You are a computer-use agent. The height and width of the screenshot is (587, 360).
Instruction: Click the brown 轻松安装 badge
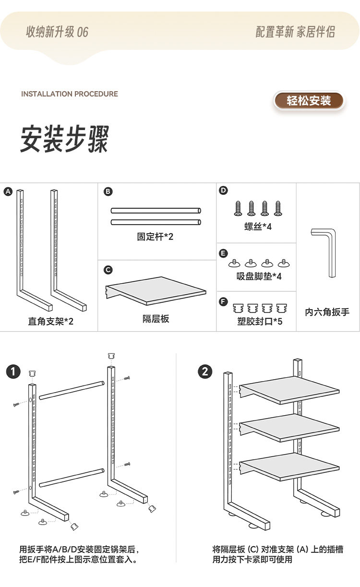click(309, 101)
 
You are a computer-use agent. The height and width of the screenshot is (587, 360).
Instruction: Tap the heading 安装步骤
click(65, 139)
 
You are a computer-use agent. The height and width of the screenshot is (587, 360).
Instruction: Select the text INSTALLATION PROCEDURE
click(70, 94)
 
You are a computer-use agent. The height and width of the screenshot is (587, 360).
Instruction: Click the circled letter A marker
click(7, 192)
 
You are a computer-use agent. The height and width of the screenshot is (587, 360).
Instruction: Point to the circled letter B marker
click(108, 192)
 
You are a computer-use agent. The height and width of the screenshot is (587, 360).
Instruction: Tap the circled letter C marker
click(108, 270)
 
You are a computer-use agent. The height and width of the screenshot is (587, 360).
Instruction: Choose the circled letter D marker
click(223, 191)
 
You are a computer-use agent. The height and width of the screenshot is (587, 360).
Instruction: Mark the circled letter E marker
click(223, 253)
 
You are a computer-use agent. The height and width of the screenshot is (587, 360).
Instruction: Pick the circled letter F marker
click(223, 301)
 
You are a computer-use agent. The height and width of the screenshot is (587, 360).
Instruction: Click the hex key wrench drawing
click(326, 250)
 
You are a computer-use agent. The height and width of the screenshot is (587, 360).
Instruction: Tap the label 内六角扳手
click(327, 312)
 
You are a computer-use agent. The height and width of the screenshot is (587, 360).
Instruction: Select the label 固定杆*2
click(155, 237)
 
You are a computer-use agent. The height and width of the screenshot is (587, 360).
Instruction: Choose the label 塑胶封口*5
click(260, 321)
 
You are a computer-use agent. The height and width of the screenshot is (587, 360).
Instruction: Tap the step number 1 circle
click(13, 371)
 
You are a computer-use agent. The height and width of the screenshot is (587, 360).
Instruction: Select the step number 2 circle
click(205, 371)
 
